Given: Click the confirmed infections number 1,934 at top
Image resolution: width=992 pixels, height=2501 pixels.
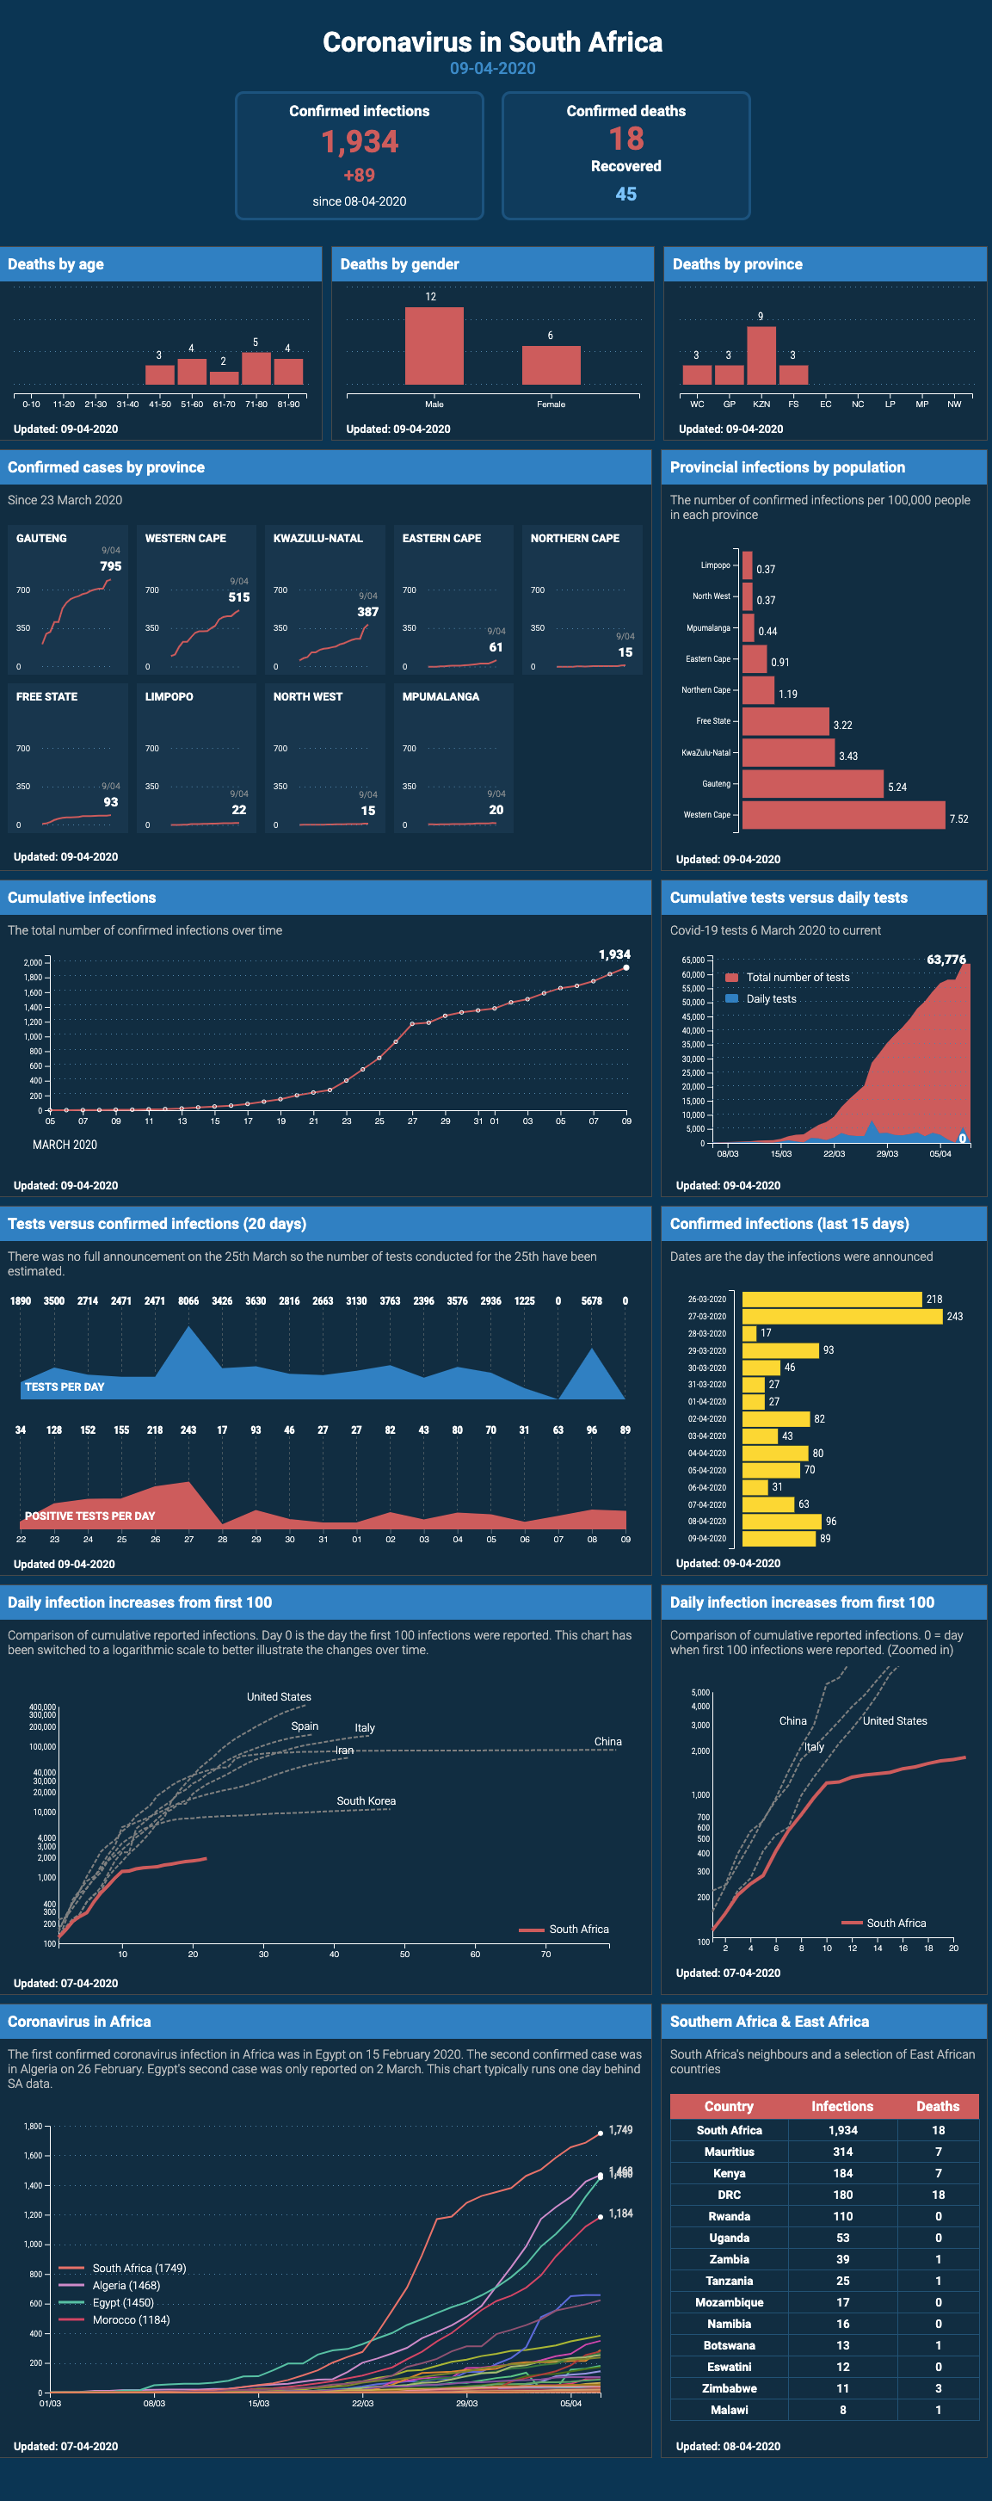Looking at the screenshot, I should [359, 142].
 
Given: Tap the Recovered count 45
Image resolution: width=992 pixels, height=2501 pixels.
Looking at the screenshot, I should [626, 195].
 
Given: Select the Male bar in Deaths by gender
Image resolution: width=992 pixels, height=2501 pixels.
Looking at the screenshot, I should [434, 346].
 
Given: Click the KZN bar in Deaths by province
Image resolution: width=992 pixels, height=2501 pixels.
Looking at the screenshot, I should [761, 355].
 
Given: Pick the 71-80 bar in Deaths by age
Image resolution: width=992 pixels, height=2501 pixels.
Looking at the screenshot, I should [256, 369].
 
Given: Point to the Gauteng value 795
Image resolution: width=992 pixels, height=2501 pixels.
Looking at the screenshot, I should [111, 566].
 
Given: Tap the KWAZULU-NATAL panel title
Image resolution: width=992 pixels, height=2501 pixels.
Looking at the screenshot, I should [317, 538].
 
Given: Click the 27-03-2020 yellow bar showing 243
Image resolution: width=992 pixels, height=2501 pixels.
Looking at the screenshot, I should [841, 1317].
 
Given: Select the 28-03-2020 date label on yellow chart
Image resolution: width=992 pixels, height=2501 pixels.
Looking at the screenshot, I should [706, 1334].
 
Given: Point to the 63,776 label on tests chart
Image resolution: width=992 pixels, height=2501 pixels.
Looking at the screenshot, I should [946, 960].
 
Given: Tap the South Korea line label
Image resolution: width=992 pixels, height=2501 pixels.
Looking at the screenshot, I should [366, 1801].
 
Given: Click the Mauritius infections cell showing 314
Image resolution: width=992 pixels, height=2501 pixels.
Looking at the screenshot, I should [842, 2152].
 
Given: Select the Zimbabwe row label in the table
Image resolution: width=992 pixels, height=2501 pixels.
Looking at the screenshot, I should [729, 2388].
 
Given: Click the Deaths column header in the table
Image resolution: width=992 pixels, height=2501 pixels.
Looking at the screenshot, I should [937, 2106].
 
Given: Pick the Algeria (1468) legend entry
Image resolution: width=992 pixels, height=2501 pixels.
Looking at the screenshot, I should [126, 2286].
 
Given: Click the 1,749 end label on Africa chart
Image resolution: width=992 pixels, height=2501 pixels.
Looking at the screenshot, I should [620, 2130].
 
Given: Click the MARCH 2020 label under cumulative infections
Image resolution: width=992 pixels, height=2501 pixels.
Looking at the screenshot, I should [65, 1145].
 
